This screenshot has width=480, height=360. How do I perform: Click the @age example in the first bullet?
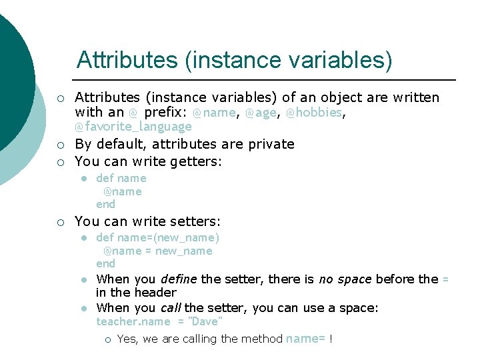[x=261, y=113]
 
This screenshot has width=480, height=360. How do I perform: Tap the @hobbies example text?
[x=314, y=113]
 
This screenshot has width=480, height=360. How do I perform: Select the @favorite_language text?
[x=133, y=127]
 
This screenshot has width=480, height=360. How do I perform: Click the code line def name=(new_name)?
[x=157, y=237]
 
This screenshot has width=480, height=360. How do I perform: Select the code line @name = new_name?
[x=157, y=251]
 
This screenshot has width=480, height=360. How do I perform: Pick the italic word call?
[x=171, y=307]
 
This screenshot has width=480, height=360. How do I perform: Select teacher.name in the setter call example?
[x=133, y=321]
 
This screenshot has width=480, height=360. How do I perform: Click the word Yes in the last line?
[x=127, y=339]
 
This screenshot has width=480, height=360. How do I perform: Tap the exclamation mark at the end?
[x=331, y=339]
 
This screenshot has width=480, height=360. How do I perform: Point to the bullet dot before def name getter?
[x=83, y=179]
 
